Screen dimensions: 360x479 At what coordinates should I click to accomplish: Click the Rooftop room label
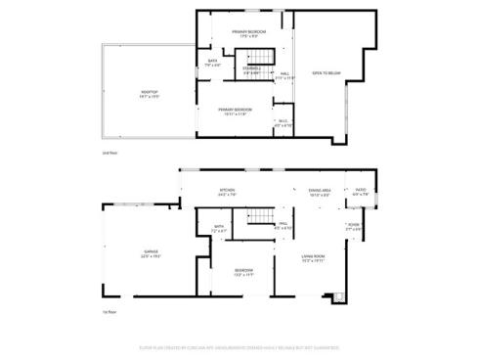pyautogui.click(x=148, y=94)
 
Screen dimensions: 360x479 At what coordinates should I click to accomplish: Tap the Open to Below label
pyautogui.click(x=326, y=73)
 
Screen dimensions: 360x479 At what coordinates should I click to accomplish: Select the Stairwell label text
pyautogui.click(x=251, y=69)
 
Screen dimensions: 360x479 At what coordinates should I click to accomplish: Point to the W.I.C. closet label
pyautogui.click(x=283, y=123)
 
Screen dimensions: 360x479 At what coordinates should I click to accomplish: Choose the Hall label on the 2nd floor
pyautogui.click(x=285, y=74)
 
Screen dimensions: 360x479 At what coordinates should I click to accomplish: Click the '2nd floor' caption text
pyautogui.click(x=110, y=153)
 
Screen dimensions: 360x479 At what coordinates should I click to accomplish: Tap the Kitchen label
pyautogui.click(x=227, y=192)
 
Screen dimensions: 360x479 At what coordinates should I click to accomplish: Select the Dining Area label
pyautogui.click(x=320, y=192)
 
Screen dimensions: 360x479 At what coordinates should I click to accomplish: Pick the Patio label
pyautogui.click(x=360, y=192)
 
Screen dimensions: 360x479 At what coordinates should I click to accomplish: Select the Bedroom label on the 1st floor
pyautogui.click(x=243, y=272)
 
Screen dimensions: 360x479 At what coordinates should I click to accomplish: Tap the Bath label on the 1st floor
pyautogui.click(x=219, y=228)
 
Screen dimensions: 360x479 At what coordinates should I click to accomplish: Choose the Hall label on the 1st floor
pyautogui.click(x=283, y=226)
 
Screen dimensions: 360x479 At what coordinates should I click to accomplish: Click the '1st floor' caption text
pyautogui.click(x=110, y=311)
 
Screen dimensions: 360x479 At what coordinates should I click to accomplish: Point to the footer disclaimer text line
pyautogui.click(x=239, y=346)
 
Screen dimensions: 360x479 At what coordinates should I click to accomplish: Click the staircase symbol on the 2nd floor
pyautogui.click(x=252, y=49)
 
